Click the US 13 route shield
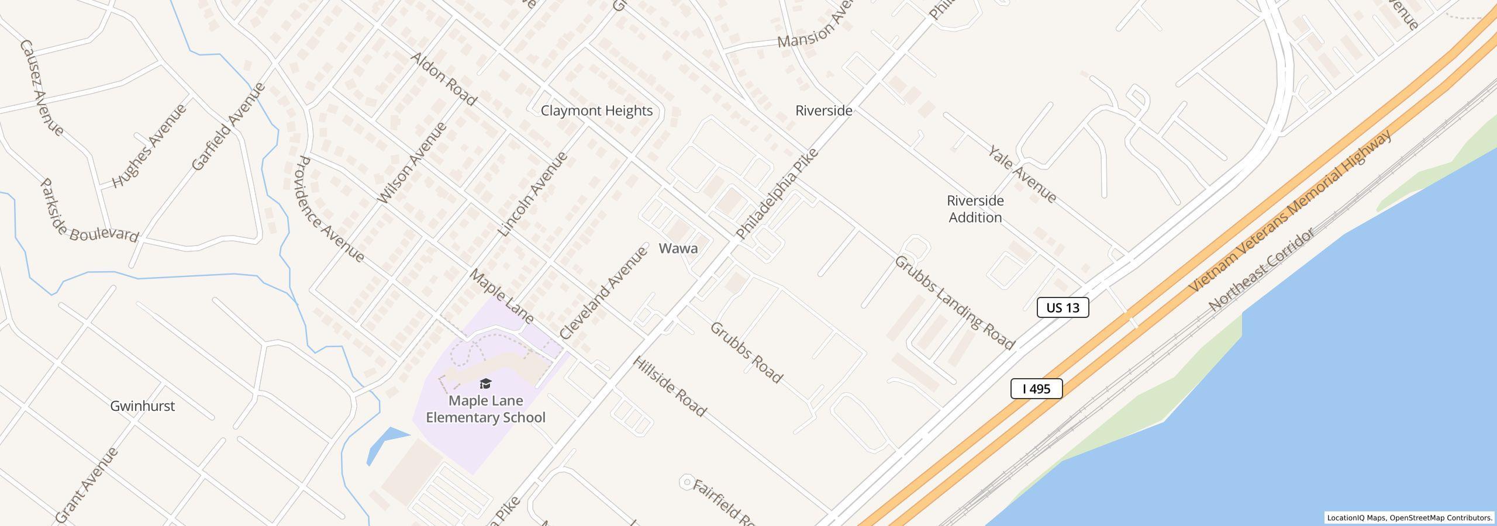[x=1063, y=307]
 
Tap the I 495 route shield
[x=1036, y=389]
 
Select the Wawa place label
[x=678, y=248]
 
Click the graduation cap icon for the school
[x=485, y=384]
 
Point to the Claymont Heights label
[x=596, y=110]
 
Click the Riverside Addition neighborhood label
[x=975, y=209]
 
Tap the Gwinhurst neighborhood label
[x=142, y=406]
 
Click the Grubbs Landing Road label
[x=954, y=303]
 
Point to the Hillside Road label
[x=669, y=386]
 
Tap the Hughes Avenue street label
[x=149, y=146]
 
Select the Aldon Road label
[x=443, y=78]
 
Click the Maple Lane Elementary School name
[x=485, y=409]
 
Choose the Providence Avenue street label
[x=330, y=209]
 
